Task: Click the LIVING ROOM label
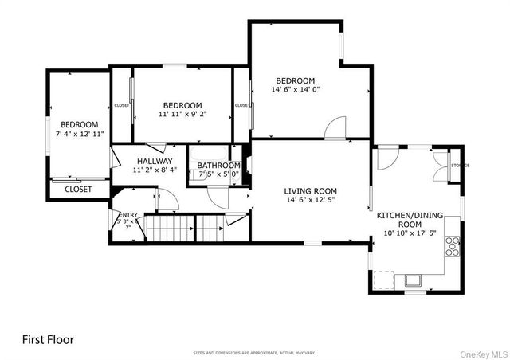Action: click(x=311, y=191)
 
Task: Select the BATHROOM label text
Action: click(x=218, y=166)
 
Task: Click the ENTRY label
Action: click(x=127, y=215)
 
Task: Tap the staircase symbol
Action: click(x=171, y=230)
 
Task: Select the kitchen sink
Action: click(x=413, y=280)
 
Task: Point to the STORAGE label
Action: click(x=460, y=166)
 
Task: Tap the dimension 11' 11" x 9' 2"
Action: click(x=182, y=115)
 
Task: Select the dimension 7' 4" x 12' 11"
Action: click(x=80, y=135)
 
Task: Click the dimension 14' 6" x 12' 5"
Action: click(x=311, y=202)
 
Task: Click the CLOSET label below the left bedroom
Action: click(x=78, y=190)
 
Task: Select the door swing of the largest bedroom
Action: click(x=336, y=127)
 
